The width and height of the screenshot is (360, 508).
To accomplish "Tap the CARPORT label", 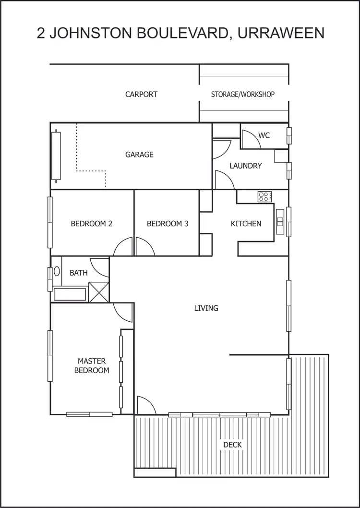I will click(141, 95).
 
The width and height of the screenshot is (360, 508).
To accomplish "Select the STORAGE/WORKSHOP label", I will click(243, 95).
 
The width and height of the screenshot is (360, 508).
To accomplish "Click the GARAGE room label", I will click(139, 155).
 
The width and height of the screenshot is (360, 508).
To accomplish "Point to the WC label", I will click(264, 135).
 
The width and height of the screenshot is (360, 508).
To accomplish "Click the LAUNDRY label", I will click(246, 166).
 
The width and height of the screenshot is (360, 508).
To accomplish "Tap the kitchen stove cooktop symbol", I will click(264, 196).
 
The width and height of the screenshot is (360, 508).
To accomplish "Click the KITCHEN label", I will click(246, 224).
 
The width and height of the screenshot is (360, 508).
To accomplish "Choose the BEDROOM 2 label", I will click(91, 224).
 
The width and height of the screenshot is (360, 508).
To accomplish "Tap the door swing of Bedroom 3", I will click(144, 248).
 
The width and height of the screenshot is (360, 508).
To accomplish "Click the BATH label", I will click(79, 273).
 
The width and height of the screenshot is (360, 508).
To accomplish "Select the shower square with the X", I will click(99, 292).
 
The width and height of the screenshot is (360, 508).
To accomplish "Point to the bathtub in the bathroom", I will click(70, 294).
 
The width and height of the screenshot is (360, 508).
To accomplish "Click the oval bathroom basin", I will click(57, 271).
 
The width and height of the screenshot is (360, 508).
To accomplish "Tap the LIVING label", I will click(206, 308).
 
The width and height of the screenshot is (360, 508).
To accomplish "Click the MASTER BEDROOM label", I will click(91, 366).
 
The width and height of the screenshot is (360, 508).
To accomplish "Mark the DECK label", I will click(232, 445).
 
